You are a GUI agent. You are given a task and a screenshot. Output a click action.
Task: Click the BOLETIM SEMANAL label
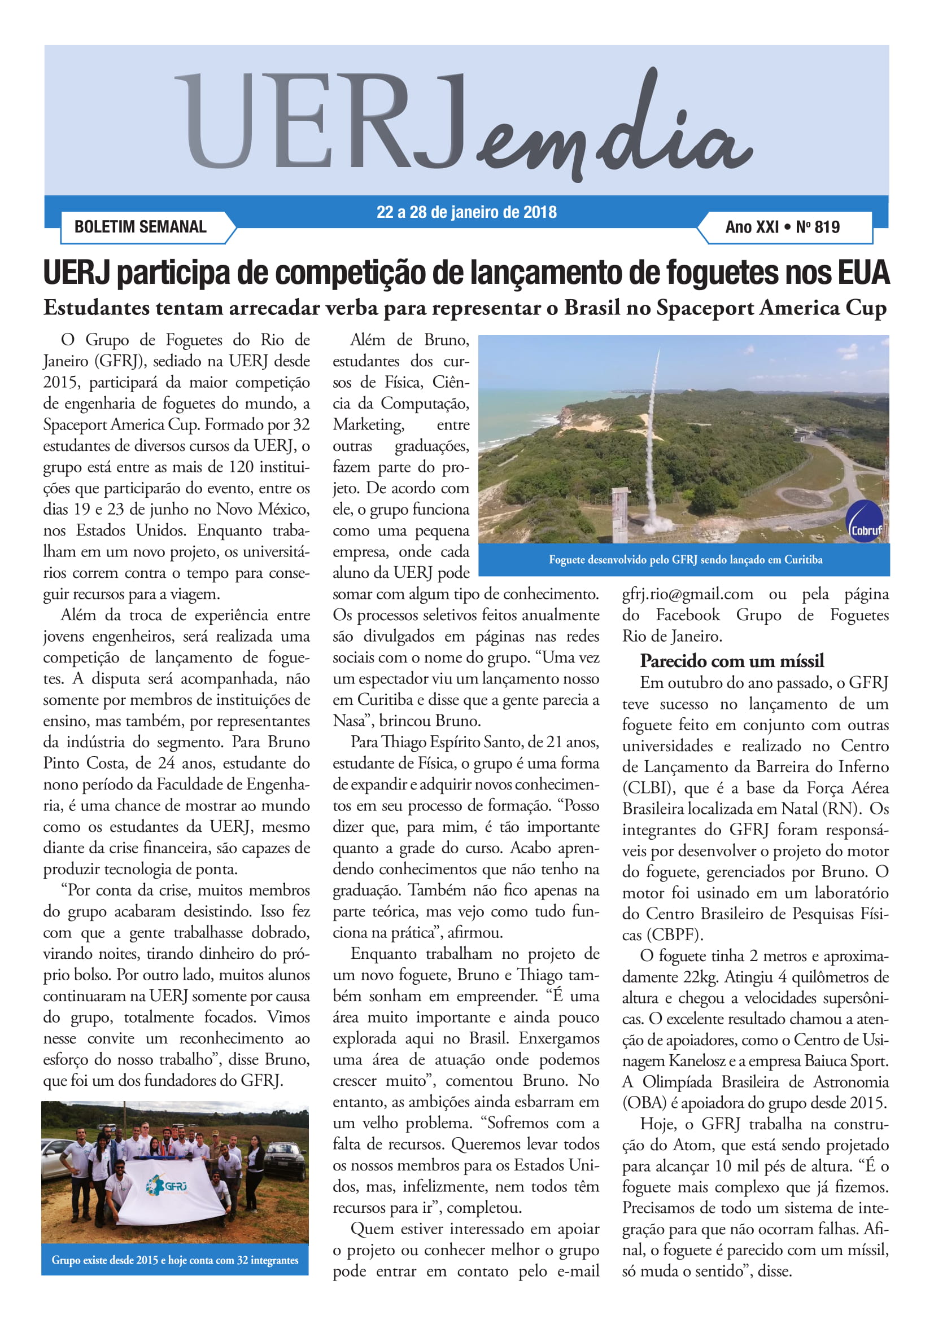[x=141, y=226]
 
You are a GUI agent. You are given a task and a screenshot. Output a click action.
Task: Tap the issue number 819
[x=827, y=227]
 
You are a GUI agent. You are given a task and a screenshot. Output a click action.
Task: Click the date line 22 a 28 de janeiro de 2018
[x=466, y=212]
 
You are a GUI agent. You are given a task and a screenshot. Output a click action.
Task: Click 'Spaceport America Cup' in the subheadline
[x=771, y=308]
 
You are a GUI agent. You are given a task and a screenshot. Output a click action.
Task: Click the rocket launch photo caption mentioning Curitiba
[x=685, y=559]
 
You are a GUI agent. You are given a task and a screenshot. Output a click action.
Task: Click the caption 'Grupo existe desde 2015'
[x=175, y=1260]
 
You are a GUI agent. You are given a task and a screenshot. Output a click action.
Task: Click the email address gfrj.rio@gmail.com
[x=687, y=594]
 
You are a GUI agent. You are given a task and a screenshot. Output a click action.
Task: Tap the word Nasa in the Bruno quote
[x=348, y=721]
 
